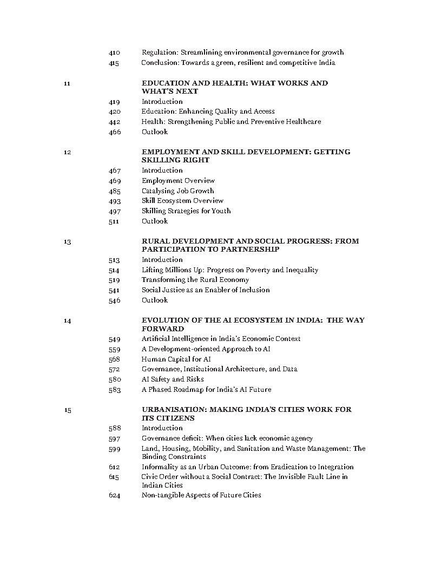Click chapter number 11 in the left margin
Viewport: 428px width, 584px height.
(67, 83)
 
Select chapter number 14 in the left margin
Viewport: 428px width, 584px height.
(67, 320)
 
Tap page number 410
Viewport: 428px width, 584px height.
(114, 53)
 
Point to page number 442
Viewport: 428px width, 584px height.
(114, 122)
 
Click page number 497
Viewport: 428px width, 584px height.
(114, 211)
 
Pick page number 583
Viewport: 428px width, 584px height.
(114, 390)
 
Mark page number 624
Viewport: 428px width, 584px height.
(114, 495)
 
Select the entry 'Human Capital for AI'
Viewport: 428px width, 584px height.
(176, 359)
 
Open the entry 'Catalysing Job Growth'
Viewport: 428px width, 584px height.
(177, 191)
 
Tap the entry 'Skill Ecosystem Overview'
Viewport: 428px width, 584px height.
(182, 201)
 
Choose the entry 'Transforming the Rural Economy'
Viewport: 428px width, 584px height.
(195, 280)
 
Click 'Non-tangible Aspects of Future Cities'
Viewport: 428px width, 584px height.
(201, 495)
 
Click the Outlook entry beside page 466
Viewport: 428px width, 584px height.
(155, 132)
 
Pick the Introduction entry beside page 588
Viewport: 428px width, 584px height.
(162, 428)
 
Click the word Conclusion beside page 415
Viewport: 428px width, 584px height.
(160, 63)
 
